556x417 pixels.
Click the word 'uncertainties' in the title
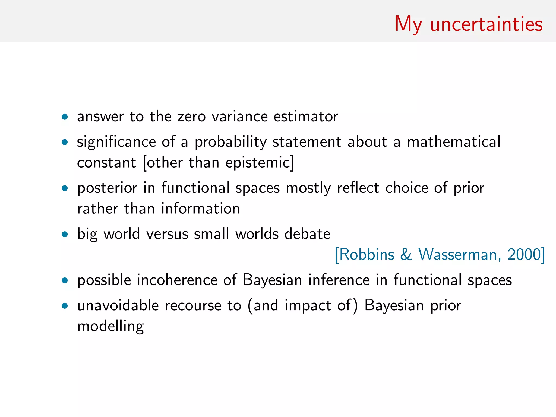[x=486, y=24]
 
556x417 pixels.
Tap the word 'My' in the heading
[x=408, y=24]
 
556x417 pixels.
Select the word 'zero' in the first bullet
[x=191, y=117]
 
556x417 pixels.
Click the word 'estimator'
[x=306, y=117]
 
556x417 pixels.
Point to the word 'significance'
[x=116, y=142]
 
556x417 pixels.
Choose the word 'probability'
[x=231, y=142]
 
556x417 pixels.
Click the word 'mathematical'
[x=454, y=142]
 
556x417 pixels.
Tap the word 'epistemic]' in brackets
[x=260, y=163]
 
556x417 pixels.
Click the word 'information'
[x=201, y=209]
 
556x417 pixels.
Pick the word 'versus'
[x=167, y=234]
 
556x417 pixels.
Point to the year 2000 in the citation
[x=524, y=255]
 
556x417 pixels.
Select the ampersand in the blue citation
[x=406, y=255]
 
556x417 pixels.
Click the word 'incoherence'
[x=177, y=280]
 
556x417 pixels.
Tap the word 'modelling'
[x=110, y=326]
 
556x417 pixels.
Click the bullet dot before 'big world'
[x=65, y=234]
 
